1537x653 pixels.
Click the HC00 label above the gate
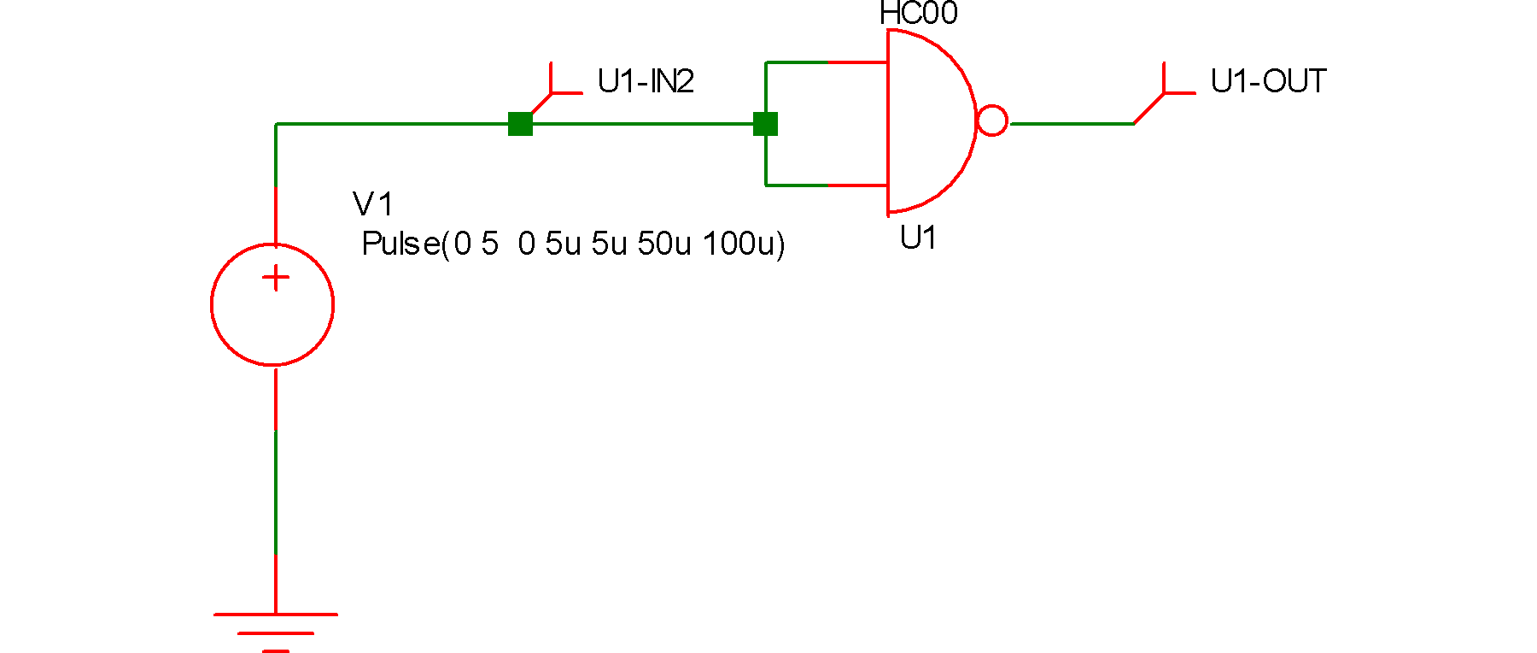click(x=918, y=14)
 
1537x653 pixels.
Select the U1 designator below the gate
click(x=918, y=238)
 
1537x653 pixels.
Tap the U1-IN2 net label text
click(x=646, y=81)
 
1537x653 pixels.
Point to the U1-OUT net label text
click(x=1268, y=81)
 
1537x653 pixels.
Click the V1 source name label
click(x=372, y=204)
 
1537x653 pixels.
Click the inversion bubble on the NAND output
click(x=992, y=121)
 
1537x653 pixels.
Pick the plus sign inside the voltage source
click(x=276, y=278)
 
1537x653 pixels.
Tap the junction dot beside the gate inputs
click(x=765, y=124)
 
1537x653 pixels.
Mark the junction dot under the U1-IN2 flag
click(x=520, y=124)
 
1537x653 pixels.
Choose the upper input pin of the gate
click(x=857, y=62)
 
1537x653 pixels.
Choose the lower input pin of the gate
click(x=857, y=185)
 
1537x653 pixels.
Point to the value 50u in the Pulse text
click(x=664, y=244)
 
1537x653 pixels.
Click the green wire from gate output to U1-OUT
click(x=1072, y=124)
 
